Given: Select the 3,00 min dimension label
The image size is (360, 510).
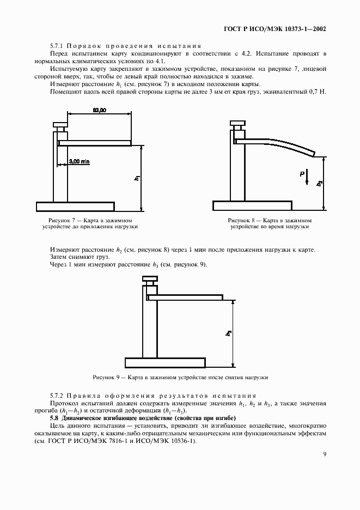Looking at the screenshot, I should click(80, 161).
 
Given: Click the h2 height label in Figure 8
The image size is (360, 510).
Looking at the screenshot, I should click(320, 183).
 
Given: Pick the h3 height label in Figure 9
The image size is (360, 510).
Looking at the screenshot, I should click(229, 333).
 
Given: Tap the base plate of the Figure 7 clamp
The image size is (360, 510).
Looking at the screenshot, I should click(75, 207).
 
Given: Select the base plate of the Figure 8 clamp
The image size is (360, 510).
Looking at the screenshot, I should click(251, 206).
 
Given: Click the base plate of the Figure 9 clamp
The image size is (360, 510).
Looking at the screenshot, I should click(165, 362).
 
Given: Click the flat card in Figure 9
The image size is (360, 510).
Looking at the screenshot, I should click(185, 297).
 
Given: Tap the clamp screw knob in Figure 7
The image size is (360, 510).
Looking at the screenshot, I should click(60, 125).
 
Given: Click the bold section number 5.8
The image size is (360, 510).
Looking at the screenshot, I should click(54, 417).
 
